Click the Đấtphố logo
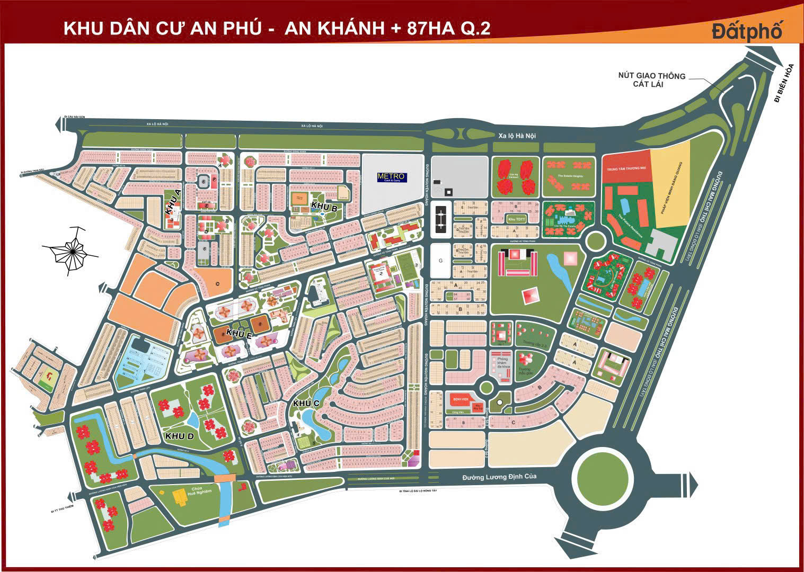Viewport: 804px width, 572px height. (747, 31)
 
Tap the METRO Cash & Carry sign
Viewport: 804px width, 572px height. (392, 177)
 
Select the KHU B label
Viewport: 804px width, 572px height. (324, 206)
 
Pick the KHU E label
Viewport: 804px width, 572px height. (238, 333)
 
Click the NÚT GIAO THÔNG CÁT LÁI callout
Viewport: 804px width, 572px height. (651, 80)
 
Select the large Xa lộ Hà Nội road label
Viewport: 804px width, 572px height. (516, 136)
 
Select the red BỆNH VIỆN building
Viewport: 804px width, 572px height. (460, 398)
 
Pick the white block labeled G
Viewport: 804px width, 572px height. (440, 261)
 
